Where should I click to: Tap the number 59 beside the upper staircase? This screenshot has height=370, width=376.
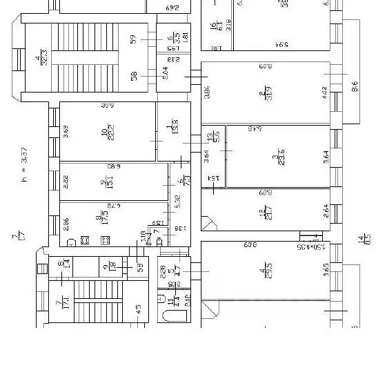(134, 39)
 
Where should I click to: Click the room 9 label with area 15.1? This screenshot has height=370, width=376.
(105, 182)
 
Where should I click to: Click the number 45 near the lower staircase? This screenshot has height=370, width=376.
(138, 309)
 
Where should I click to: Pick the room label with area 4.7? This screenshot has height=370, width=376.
(176, 271)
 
